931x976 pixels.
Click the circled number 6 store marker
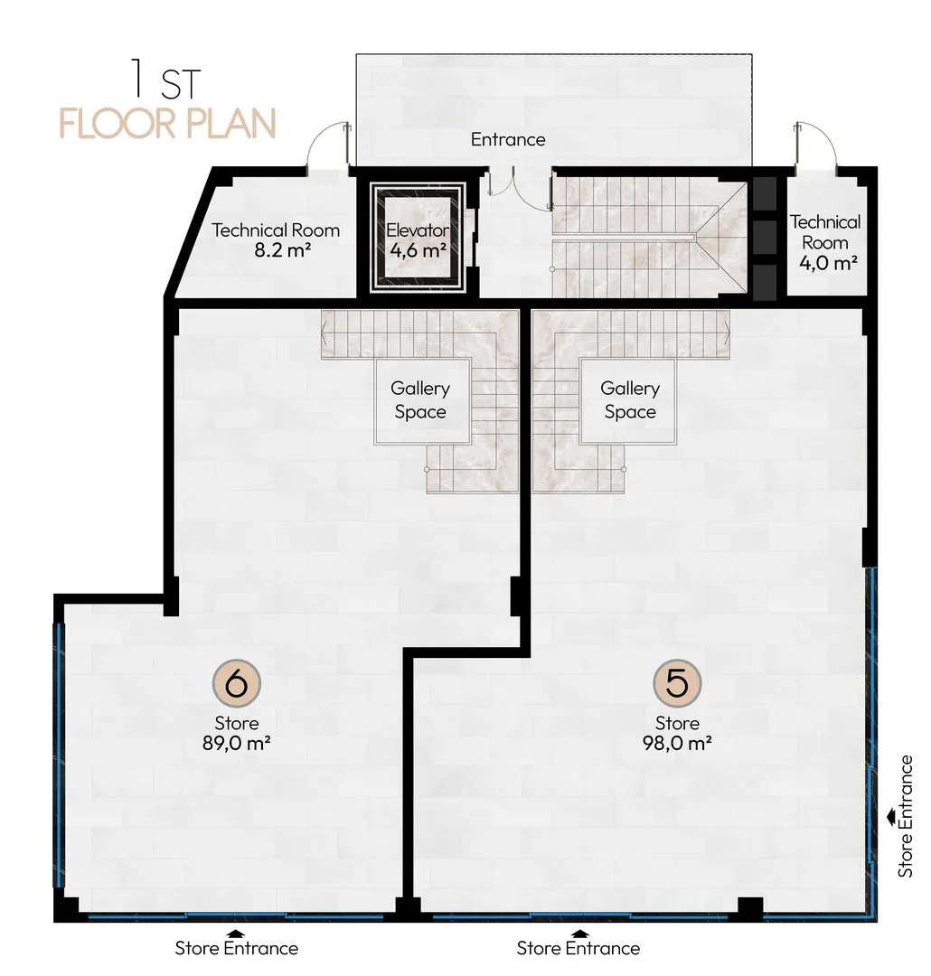coord(236,683)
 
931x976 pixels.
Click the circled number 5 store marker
coord(677,683)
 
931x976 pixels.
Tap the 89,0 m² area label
coord(236,743)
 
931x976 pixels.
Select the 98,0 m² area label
coord(677,743)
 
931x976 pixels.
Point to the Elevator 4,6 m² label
coord(418,239)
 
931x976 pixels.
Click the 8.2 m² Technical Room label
coord(276,239)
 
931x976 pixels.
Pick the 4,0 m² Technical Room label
coord(826,243)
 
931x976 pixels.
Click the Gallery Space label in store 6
coord(420,400)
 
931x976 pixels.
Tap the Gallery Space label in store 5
coord(630,400)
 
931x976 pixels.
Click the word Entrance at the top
coord(508,139)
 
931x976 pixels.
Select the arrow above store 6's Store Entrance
coord(236,933)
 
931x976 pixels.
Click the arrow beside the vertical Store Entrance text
coord(892,817)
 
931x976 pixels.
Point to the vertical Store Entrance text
coord(906,817)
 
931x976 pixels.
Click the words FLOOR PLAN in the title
coord(167,124)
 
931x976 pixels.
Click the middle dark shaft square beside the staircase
coord(765,236)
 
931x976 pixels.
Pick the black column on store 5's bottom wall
coord(750,908)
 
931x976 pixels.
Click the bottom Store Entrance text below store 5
coord(578,948)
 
